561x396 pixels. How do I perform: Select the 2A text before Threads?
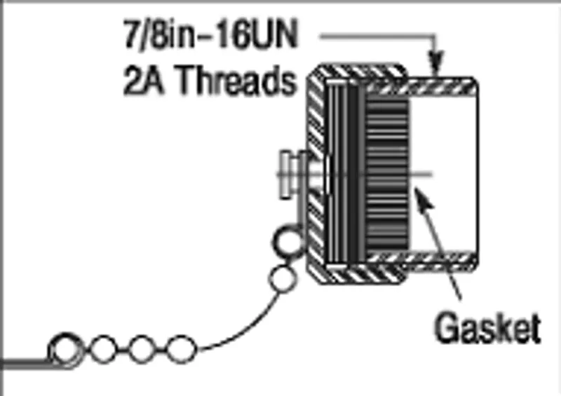coord(143,80)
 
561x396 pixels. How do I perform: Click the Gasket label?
coord(487,328)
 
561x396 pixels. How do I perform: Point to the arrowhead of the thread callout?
coord(435,64)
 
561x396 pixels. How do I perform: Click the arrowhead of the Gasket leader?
coord(424,199)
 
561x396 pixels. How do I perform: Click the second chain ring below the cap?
coord(283,279)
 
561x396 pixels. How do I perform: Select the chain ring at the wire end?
coord(65,350)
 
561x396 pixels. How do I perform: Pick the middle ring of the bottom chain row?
coord(142,350)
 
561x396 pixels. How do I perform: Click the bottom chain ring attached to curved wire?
coord(182,350)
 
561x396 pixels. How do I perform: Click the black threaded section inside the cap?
coord(387,175)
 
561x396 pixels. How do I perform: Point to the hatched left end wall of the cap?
coord(316,175)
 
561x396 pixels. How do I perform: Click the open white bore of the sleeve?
coord(443,174)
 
